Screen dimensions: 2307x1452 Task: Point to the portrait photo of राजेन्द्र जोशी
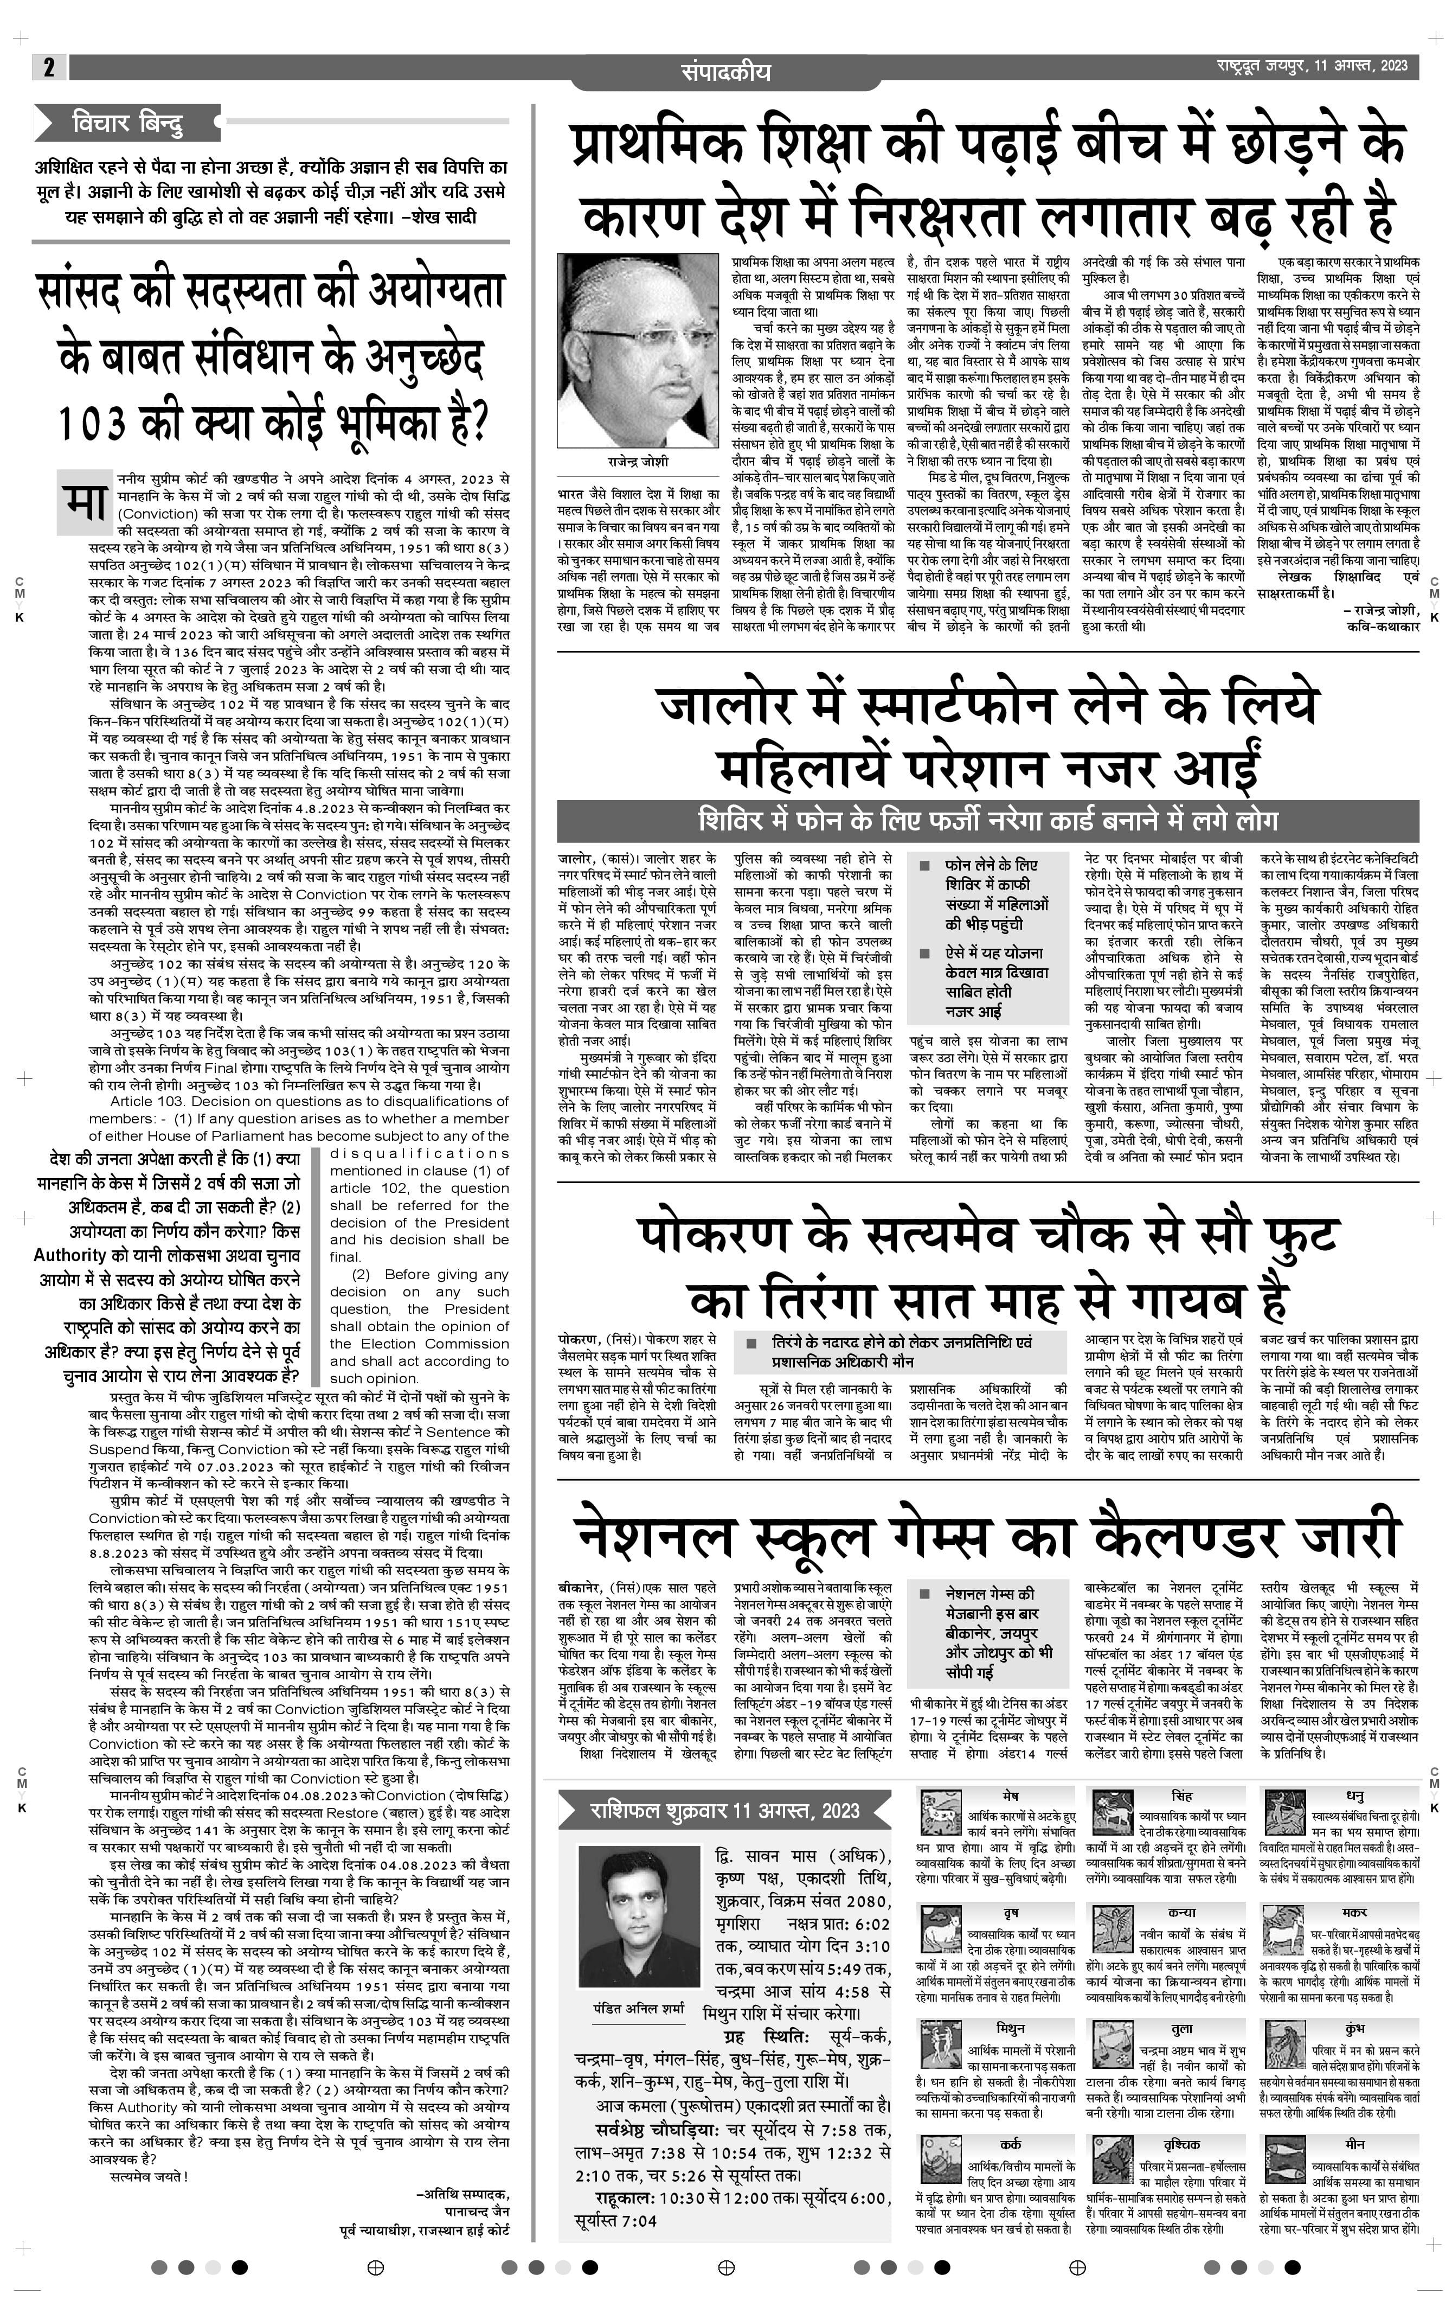[x=637, y=350]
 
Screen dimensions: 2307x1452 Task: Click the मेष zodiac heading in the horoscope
[x=1011, y=1794]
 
